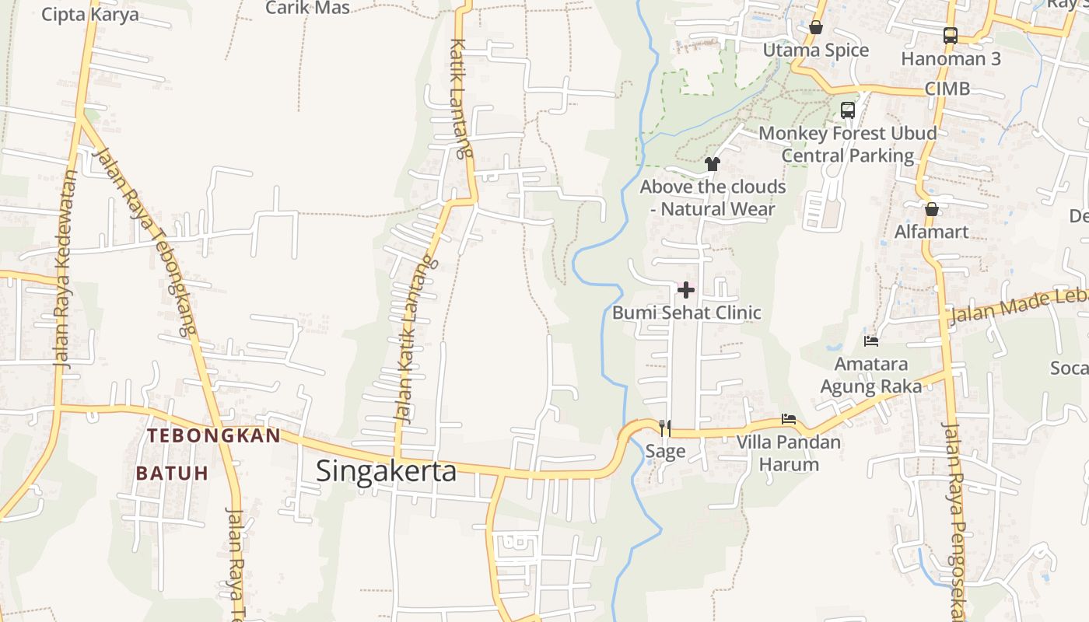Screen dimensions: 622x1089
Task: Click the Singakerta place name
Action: pos(386,470)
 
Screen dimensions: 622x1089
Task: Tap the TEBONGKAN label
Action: pos(214,435)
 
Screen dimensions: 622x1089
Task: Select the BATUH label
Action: pos(172,473)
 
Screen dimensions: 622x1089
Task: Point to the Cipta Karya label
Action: pos(90,14)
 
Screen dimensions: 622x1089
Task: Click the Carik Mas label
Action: pos(307,8)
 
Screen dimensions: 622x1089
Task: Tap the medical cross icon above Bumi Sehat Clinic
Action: pos(686,290)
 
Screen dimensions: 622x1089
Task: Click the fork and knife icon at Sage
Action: pos(665,428)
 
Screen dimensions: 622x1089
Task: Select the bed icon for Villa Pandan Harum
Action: pos(789,419)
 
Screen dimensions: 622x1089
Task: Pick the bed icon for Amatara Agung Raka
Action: pos(871,341)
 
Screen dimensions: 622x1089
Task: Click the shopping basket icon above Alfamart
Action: pos(931,209)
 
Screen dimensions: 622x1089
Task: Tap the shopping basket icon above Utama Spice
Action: pos(816,28)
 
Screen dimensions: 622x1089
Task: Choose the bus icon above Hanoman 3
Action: pos(951,35)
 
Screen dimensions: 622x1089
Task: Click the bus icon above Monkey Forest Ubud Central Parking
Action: pos(848,110)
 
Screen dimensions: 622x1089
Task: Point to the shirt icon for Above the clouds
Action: pos(713,164)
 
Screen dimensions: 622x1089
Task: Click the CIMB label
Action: pos(947,89)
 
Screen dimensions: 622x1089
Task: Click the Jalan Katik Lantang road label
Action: pos(412,342)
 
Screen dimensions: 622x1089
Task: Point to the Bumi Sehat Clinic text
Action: pos(686,313)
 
